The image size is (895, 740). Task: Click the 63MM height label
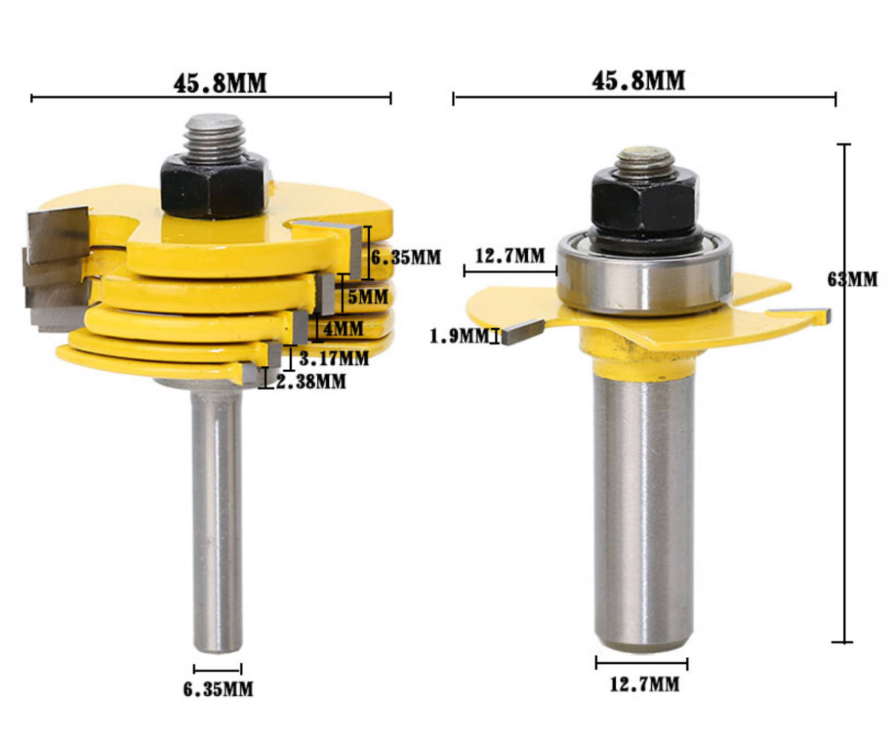pos(852,280)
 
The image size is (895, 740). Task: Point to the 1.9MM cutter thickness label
pos(459,336)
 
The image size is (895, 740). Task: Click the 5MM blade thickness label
pos(368,297)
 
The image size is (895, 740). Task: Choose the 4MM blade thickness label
pos(343,329)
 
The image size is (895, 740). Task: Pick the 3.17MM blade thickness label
pos(334,358)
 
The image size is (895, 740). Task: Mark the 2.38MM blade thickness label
pos(311,382)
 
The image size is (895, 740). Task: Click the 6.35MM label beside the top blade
pos(406,257)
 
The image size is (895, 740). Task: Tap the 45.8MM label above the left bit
pos(220,83)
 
